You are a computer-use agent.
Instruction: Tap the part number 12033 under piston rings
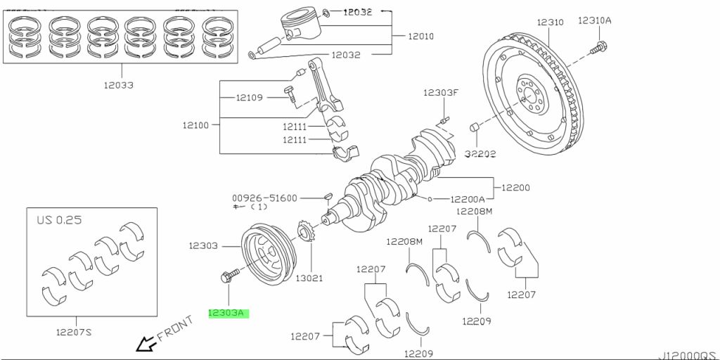(120, 85)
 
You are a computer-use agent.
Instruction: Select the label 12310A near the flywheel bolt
(595, 21)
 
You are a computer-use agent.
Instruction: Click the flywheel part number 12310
(551, 22)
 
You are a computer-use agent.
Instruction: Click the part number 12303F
(441, 93)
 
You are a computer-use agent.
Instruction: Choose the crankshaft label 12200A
(467, 199)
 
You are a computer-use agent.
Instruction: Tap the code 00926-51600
(264, 198)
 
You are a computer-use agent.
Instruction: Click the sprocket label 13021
(309, 278)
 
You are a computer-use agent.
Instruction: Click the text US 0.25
(59, 220)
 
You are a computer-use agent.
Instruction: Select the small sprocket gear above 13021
(307, 233)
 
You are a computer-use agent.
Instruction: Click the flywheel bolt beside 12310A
(598, 48)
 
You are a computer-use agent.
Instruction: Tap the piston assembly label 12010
(421, 36)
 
